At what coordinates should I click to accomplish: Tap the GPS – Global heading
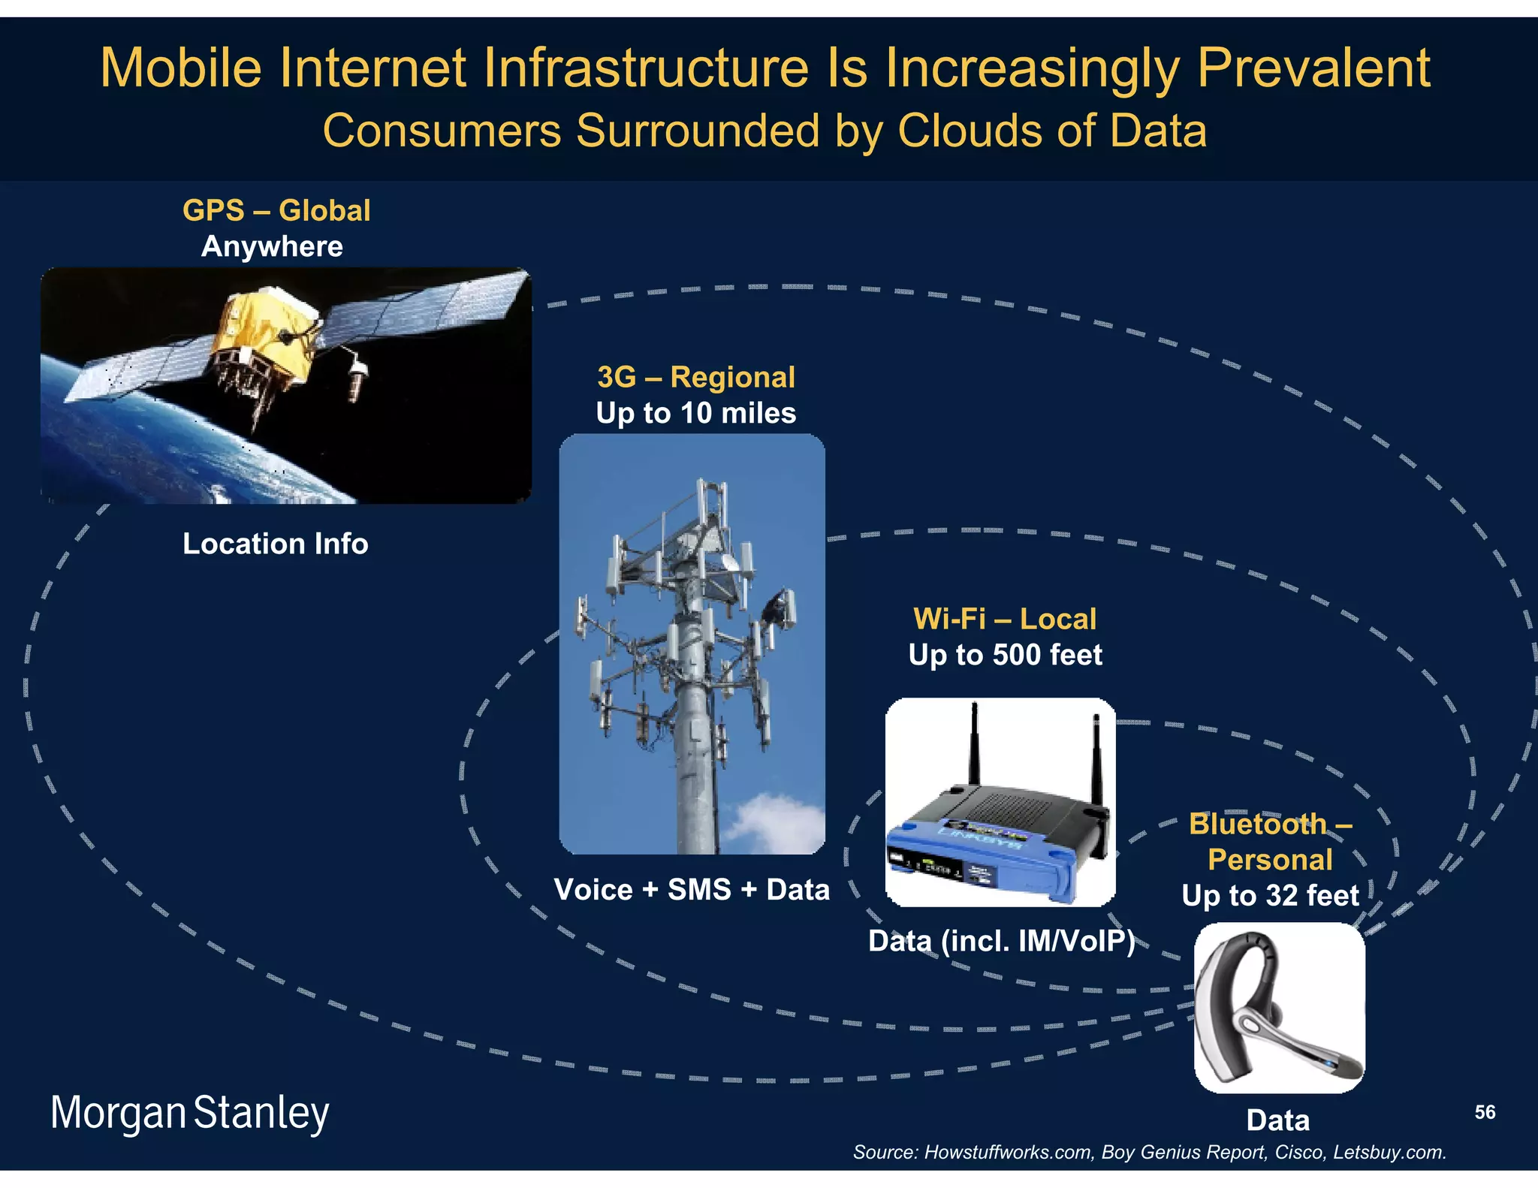(276, 210)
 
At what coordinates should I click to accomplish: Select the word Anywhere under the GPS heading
(272, 247)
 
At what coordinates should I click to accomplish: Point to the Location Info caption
(276, 544)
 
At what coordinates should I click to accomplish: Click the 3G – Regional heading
(695, 377)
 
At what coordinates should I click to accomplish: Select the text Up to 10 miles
(695, 413)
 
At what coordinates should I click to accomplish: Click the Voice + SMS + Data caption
(692, 890)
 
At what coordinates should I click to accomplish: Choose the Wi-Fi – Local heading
(1005, 619)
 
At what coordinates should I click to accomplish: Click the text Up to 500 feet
(1005, 655)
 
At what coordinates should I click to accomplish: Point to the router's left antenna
(974, 743)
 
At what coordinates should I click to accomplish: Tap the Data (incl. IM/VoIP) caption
(1001, 941)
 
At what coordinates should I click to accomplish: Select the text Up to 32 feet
(1270, 895)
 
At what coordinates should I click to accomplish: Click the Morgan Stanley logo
(189, 1113)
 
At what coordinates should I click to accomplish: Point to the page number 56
(1485, 1112)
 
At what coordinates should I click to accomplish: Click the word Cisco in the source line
(1298, 1153)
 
